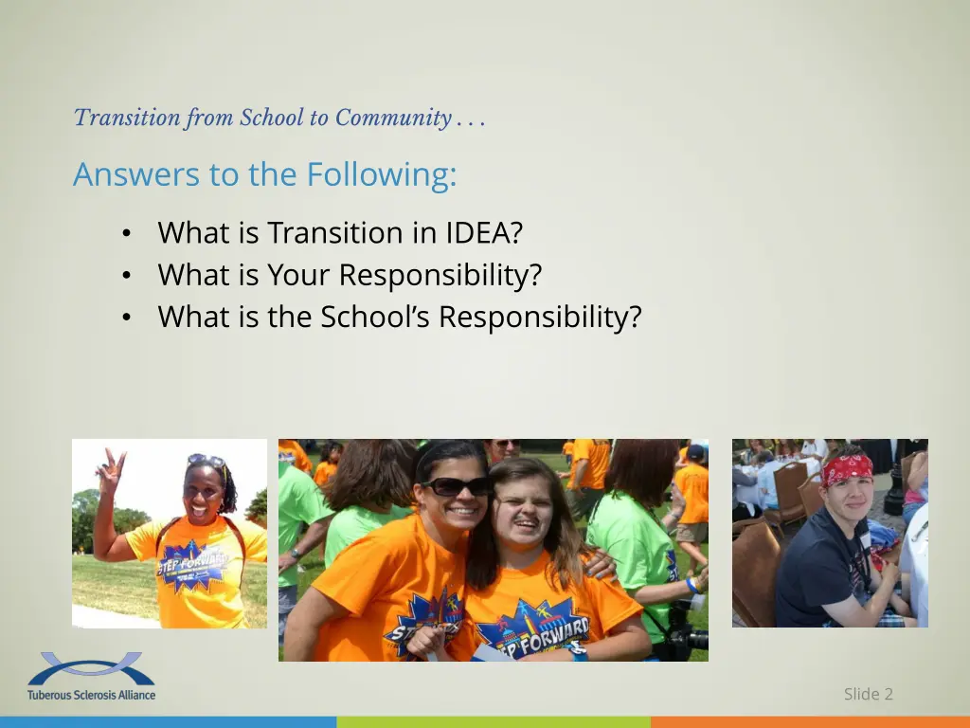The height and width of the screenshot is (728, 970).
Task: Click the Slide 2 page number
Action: tap(868, 694)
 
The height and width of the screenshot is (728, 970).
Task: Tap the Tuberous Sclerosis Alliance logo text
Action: tap(92, 695)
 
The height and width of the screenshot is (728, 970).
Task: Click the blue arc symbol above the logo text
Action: tap(91, 668)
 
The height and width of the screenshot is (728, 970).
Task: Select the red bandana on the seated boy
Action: tap(847, 467)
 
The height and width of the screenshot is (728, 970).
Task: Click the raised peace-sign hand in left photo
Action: tap(112, 467)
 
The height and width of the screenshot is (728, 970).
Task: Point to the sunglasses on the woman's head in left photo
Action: tap(206, 461)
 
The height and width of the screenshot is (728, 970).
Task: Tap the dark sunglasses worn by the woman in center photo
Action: tap(456, 485)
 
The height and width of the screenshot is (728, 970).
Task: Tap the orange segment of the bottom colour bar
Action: tap(810, 722)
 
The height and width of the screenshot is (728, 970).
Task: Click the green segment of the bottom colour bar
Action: tap(493, 722)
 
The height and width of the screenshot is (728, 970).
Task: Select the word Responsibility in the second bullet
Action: tap(440, 275)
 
